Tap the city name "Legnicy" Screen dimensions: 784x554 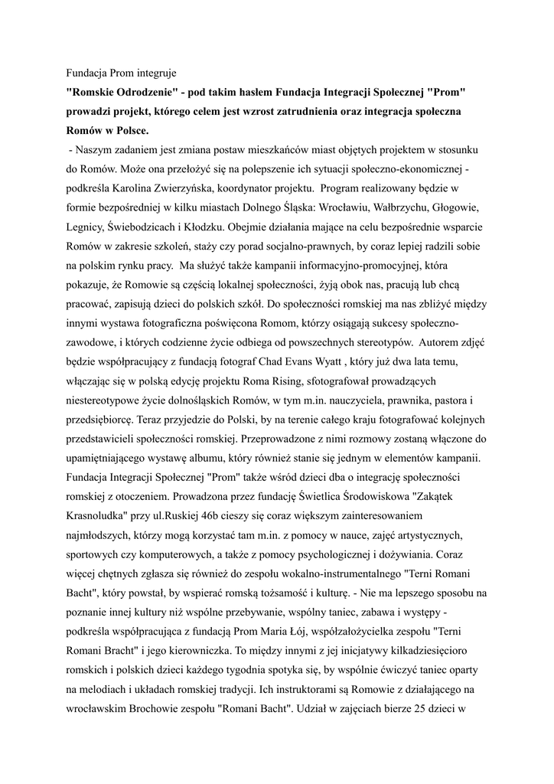click(x=85, y=227)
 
